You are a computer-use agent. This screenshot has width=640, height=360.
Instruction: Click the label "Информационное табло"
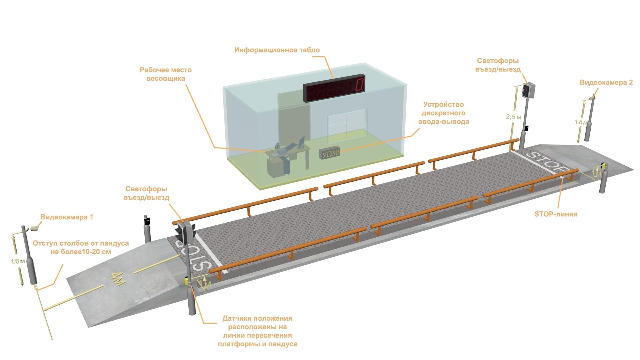pos(277,50)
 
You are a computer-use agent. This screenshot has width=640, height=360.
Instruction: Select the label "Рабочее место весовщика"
pos(166,74)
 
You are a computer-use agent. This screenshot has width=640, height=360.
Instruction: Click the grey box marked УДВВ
pos(330,153)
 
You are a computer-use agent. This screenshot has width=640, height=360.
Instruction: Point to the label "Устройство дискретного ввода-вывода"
pos(444,113)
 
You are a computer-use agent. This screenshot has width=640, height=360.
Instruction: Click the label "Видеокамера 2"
pos(606,82)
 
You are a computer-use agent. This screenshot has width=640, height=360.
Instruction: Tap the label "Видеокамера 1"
pos(67,217)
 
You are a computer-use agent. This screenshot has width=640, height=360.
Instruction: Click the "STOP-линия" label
pos(556,214)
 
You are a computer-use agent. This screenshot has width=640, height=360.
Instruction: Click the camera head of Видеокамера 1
pos(34,229)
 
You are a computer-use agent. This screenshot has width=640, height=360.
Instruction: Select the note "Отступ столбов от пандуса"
pos(81,243)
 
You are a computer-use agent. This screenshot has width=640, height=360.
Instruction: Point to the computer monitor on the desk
pos(301,142)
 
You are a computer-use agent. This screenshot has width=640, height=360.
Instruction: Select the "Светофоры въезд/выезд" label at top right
pos(498,65)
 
